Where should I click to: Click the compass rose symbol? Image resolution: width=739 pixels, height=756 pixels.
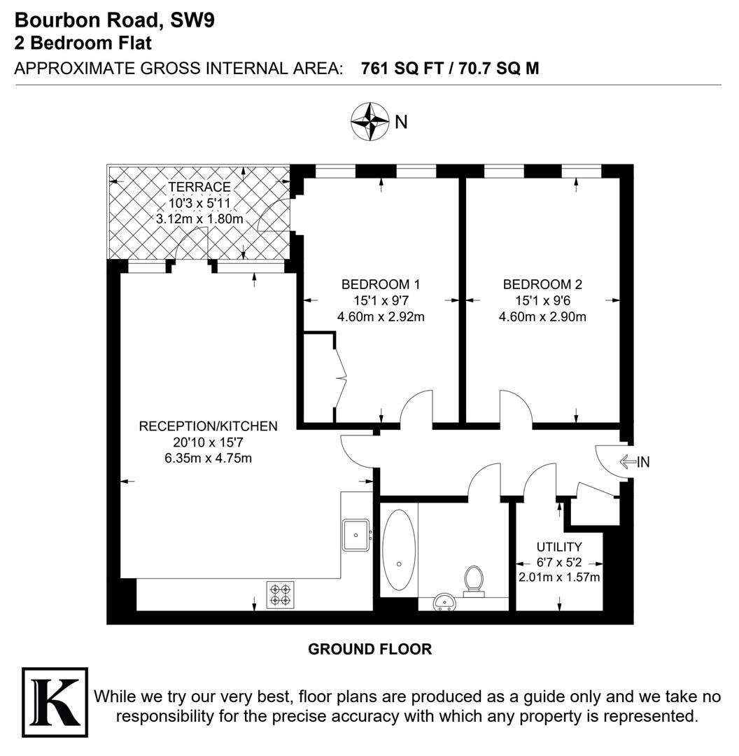tap(369, 121)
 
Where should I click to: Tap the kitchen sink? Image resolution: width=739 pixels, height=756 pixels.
tap(356, 535)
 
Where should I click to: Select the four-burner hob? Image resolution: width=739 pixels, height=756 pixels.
tap(281, 594)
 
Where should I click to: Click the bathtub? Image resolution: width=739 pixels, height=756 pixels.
tap(399, 550)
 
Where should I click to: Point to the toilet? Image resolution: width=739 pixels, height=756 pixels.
tap(473, 582)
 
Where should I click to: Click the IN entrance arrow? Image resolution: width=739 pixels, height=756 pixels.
tap(628, 462)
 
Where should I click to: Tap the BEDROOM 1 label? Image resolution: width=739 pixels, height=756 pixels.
tap(380, 284)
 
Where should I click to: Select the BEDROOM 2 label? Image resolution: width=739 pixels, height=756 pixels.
tap(542, 284)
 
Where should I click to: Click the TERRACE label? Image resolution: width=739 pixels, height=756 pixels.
tap(199, 187)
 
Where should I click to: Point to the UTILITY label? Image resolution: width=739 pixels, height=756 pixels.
tap(559, 547)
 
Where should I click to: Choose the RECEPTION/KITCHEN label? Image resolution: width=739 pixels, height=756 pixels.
tap(209, 426)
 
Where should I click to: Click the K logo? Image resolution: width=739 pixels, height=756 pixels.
tap(55, 702)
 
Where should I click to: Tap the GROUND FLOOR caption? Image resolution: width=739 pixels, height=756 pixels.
tap(369, 649)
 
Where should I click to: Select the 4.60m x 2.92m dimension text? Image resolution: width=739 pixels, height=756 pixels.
tap(380, 317)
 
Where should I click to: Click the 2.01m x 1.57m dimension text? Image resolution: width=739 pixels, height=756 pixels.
tap(559, 577)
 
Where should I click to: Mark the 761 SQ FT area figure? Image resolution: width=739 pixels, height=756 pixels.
tap(402, 69)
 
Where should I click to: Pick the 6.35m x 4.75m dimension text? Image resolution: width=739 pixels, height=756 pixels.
tap(209, 458)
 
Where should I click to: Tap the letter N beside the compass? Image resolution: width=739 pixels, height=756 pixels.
tap(401, 122)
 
